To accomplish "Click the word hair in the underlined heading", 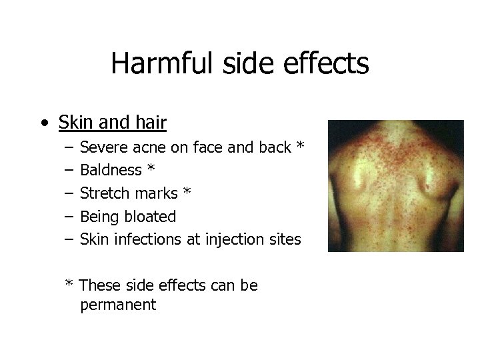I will [x=150, y=123].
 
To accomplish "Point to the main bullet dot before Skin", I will [x=43, y=124].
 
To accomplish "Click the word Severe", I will [x=100, y=147].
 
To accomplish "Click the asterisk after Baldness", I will [x=151, y=169].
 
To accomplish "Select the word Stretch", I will [x=103, y=193].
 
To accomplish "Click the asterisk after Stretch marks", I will [x=187, y=192].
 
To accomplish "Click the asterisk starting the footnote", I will [x=69, y=284].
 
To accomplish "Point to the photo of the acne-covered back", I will [x=395, y=186].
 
